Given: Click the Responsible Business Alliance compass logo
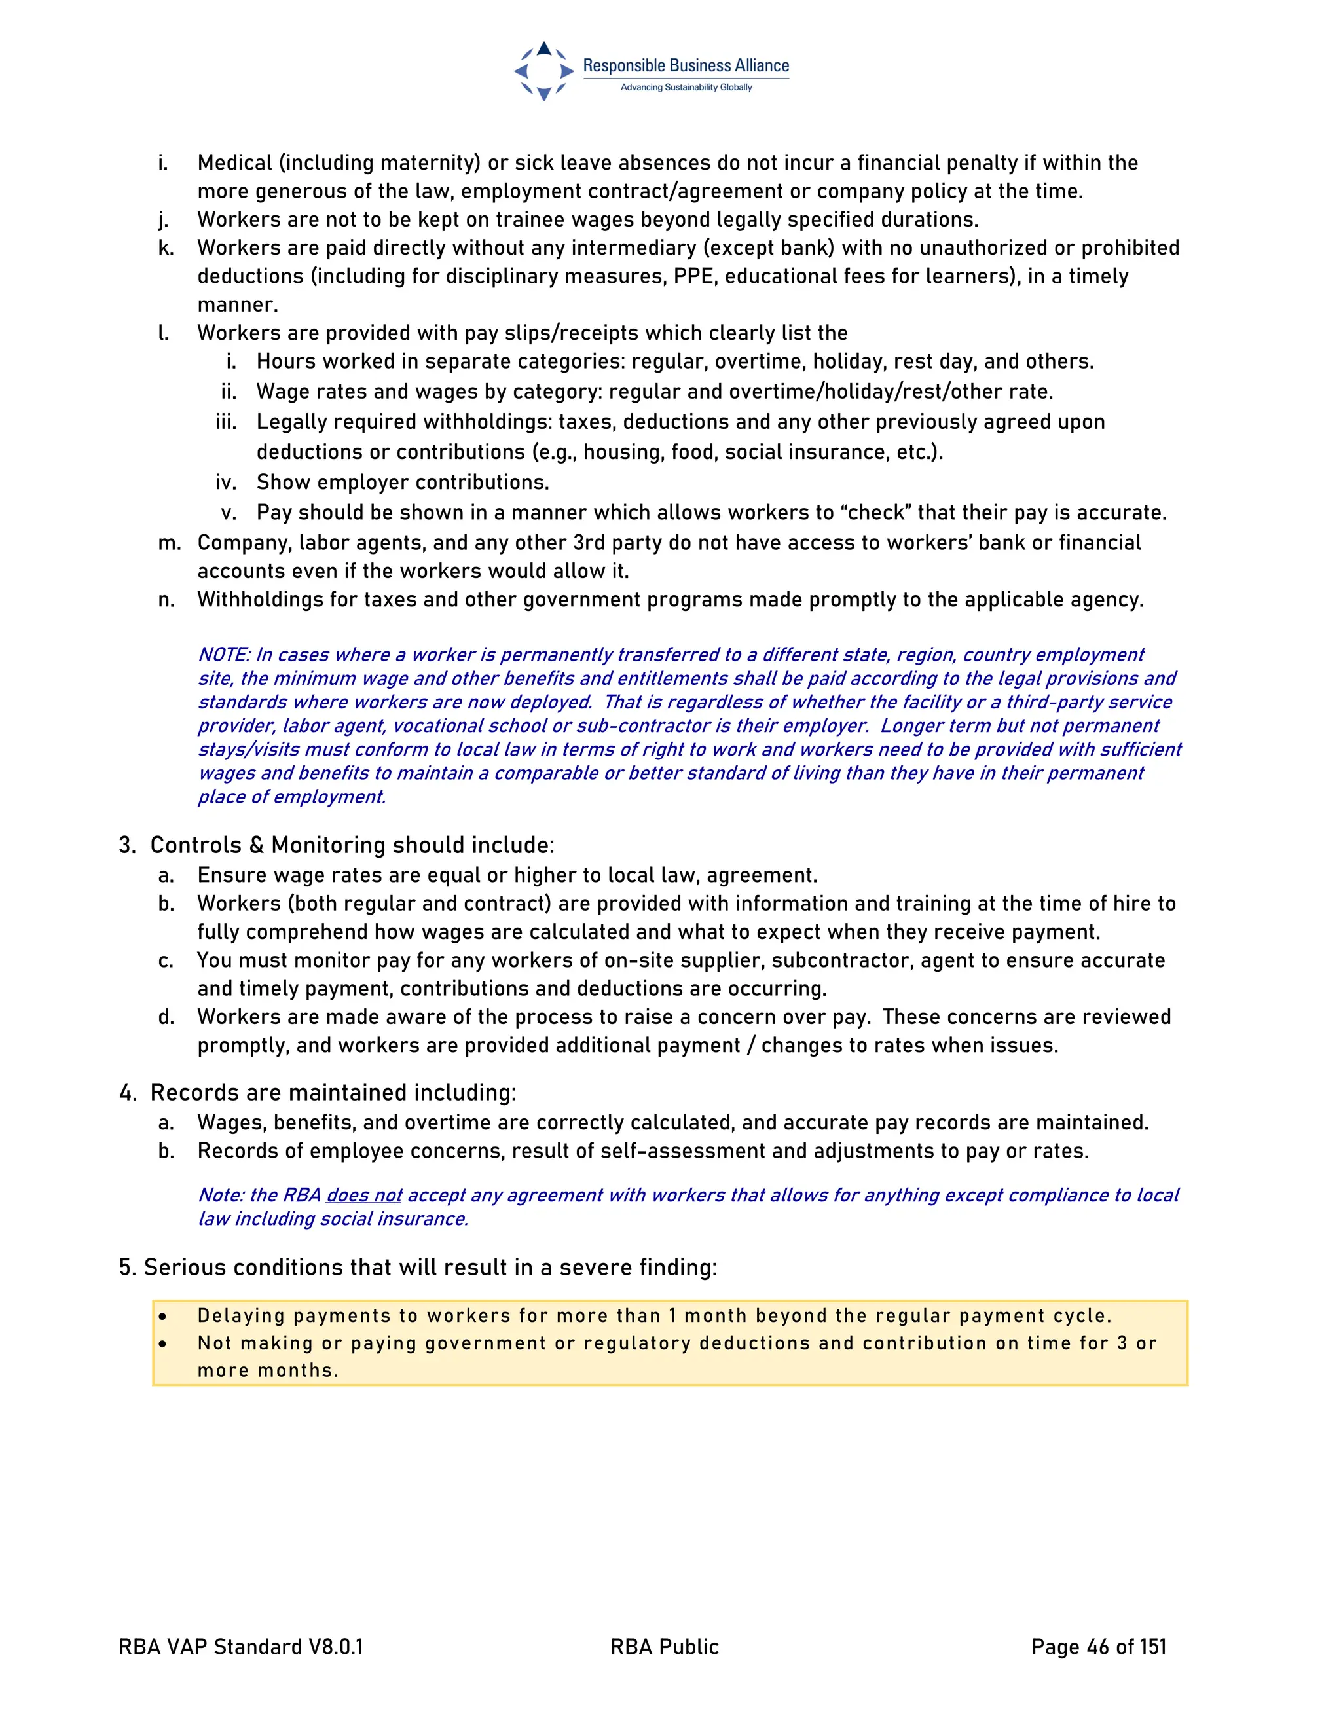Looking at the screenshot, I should pos(543,71).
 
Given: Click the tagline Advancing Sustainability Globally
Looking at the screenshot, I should pos(686,87).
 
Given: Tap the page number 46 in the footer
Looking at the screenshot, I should pos(1097,1647).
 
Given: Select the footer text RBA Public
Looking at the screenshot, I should pos(664,1647).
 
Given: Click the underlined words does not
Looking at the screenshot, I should pos(364,1195).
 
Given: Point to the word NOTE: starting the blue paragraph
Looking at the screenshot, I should pos(224,655).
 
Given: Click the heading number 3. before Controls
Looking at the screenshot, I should pos(127,845).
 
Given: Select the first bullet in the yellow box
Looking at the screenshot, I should pos(163,1317).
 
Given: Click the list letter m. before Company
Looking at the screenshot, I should pos(168,543).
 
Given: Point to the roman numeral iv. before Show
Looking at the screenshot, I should pos(226,483).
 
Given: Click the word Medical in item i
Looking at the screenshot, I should pos(234,163).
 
